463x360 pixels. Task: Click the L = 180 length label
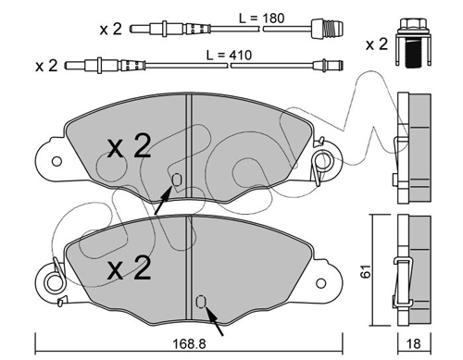tap(261, 19)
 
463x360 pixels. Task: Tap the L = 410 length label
tap(229, 56)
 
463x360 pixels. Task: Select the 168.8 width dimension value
tap(189, 343)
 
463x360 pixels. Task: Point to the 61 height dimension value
tap(367, 271)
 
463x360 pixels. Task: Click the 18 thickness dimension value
tap(414, 343)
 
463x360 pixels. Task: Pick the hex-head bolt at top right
tap(413, 43)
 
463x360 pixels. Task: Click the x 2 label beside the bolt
tap(377, 44)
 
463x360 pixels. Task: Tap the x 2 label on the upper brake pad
tap(129, 146)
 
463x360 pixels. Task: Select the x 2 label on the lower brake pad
tap(129, 267)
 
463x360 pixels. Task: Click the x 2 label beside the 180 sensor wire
tap(111, 30)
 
